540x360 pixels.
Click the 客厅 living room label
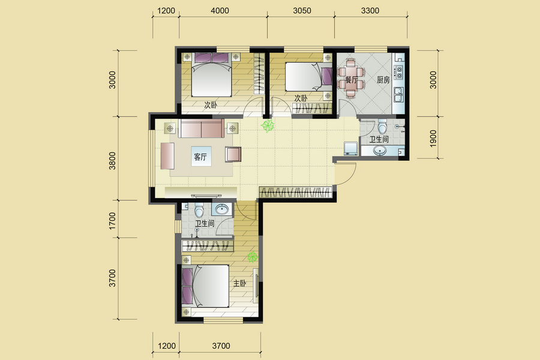200,157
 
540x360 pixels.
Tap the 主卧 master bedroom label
239,284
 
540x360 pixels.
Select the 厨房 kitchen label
383,80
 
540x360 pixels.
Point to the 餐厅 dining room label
351,80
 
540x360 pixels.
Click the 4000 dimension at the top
220,11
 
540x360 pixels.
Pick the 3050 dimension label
302,11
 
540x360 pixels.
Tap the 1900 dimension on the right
433,138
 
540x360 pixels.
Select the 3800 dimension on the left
112,161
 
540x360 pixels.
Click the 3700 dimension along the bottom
221,346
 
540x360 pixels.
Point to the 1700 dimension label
112,221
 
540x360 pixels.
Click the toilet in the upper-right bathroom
382,127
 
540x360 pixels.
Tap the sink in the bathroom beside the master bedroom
222,209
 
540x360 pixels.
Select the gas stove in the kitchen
399,72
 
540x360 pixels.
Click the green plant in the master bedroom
253,257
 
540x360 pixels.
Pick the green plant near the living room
267,125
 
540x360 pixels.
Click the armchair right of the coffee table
233,154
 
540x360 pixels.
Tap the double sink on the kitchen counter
398,95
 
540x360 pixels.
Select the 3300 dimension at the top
370,11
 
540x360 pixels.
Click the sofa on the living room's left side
167,156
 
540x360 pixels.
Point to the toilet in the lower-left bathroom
199,210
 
